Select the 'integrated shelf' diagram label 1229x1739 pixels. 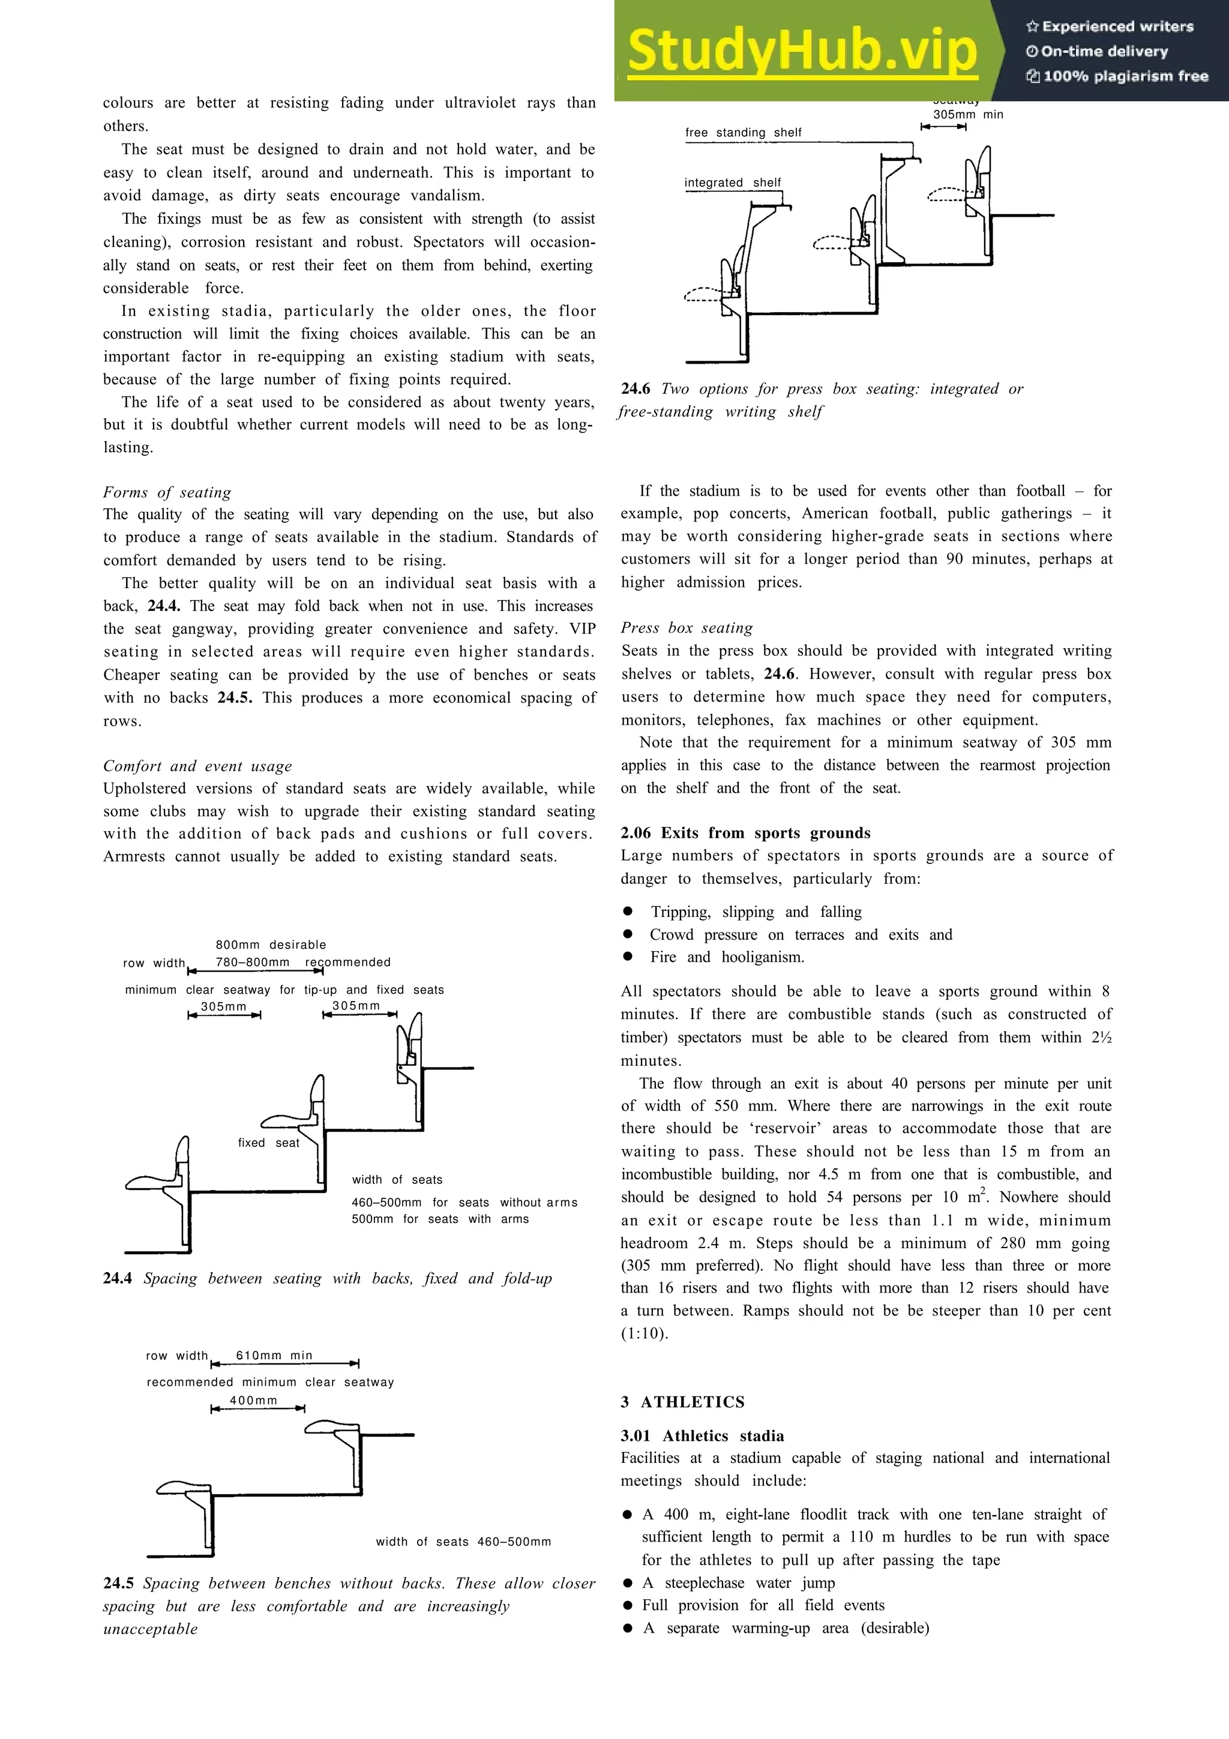coord(732,182)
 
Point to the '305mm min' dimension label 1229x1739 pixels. coord(968,115)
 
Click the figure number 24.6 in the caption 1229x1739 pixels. coord(636,389)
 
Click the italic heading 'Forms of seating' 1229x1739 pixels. coord(167,492)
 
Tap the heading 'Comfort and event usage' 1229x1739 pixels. coord(197,766)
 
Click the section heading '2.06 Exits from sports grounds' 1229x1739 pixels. coord(745,833)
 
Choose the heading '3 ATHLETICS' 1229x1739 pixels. coord(682,1402)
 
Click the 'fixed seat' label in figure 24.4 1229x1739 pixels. coord(268,1143)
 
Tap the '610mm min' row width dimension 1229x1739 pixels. coord(274,1355)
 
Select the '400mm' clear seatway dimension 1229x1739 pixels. coord(254,1401)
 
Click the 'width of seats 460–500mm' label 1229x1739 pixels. coord(463,1542)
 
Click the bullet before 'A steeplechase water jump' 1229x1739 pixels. coord(627,1583)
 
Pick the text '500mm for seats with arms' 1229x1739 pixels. coord(440,1219)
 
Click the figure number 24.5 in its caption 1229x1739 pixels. coord(118,1583)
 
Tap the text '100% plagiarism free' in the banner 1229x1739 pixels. coord(1125,76)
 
